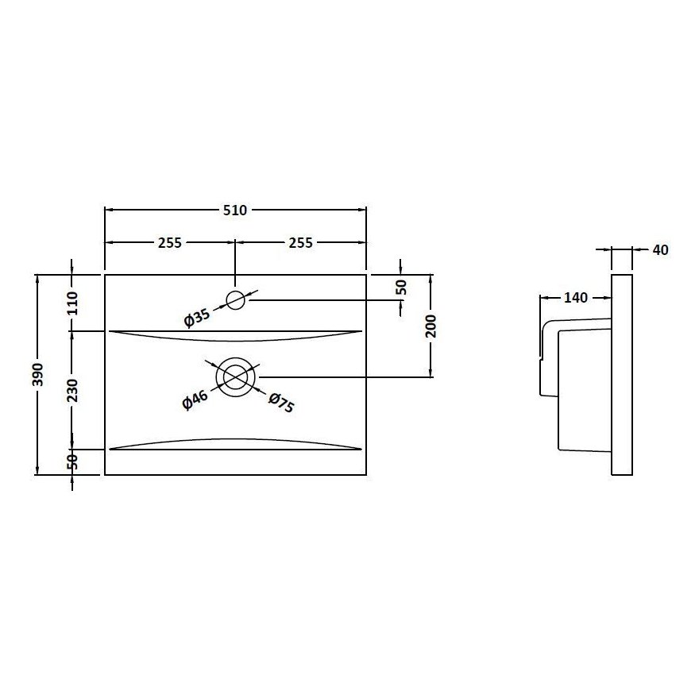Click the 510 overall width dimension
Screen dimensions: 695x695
coord(235,210)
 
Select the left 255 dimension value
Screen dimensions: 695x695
coord(169,243)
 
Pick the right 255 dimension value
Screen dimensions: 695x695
coord(300,243)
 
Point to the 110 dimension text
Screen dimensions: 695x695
coord(72,303)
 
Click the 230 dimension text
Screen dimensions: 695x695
coord(72,389)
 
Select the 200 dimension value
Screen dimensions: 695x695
coord(431,325)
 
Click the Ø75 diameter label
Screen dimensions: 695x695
coord(281,402)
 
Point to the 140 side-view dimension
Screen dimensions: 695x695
coord(575,298)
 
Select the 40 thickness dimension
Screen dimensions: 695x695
coord(659,250)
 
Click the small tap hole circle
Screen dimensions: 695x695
coord(236,300)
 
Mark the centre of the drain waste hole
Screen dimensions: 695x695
coord(236,376)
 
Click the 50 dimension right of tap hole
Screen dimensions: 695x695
coord(401,287)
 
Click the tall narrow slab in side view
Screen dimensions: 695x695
coord(622,374)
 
